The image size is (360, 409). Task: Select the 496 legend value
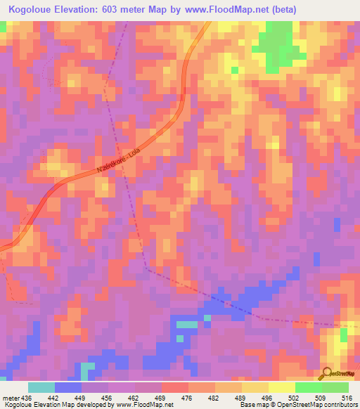[x=269, y=398]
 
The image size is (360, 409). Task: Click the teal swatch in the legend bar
[x=41, y=387]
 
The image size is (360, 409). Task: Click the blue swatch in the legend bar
[x=68, y=387]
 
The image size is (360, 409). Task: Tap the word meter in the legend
[x=11, y=398]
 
